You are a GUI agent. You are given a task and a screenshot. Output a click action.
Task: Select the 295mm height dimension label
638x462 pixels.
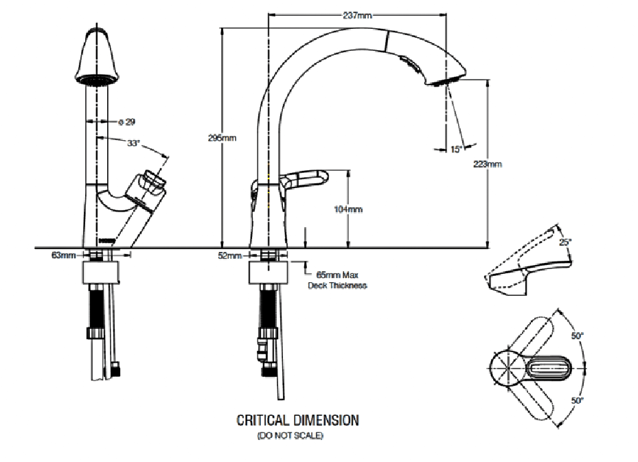click(x=222, y=138)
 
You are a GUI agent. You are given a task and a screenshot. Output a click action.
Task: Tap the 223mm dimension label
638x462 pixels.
click(x=488, y=164)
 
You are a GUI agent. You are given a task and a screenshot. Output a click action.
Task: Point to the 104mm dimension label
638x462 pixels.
click(x=350, y=209)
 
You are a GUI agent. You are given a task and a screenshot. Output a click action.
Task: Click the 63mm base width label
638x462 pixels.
click(x=63, y=255)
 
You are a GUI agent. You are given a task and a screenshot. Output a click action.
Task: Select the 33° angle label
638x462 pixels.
click(x=133, y=143)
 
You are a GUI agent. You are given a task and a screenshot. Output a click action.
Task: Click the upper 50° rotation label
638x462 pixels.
click(x=577, y=336)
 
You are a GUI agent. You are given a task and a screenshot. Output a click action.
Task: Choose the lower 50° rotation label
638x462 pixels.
click(x=577, y=400)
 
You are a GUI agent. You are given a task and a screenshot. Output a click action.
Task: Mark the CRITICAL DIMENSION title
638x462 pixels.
click(x=297, y=419)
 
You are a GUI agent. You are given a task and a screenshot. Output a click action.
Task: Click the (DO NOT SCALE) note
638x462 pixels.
click(x=290, y=436)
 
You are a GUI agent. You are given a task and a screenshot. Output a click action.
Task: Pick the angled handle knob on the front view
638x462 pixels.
click(x=152, y=185)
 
